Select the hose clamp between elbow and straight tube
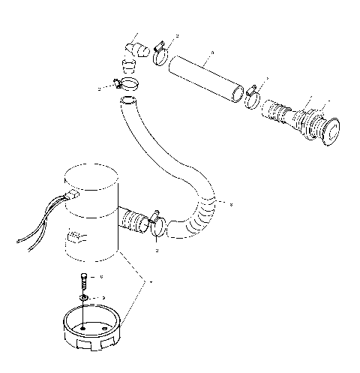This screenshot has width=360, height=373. click(159, 56)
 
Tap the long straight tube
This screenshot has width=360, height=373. click(204, 75)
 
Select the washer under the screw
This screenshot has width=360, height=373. click(84, 299)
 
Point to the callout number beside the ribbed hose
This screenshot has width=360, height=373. click(232, 204)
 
